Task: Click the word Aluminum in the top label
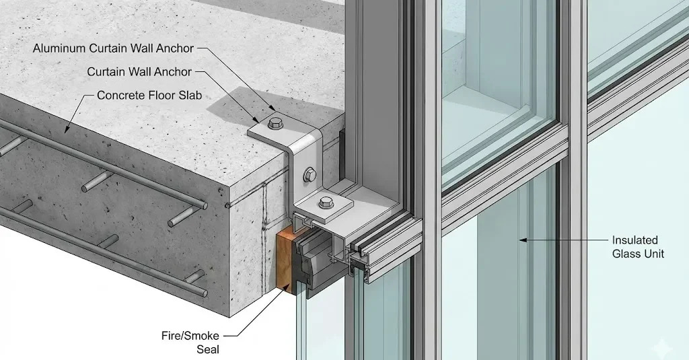point(59,48)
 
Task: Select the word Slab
point(190,96)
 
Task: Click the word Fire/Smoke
point(190,336)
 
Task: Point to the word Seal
point(208,349)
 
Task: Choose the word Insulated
point(635,240)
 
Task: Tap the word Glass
point(626,254)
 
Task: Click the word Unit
point(654,254)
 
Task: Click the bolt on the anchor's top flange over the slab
point(275,123)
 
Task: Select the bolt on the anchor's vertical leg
point(310,175)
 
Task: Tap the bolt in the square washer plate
point(326,203)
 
